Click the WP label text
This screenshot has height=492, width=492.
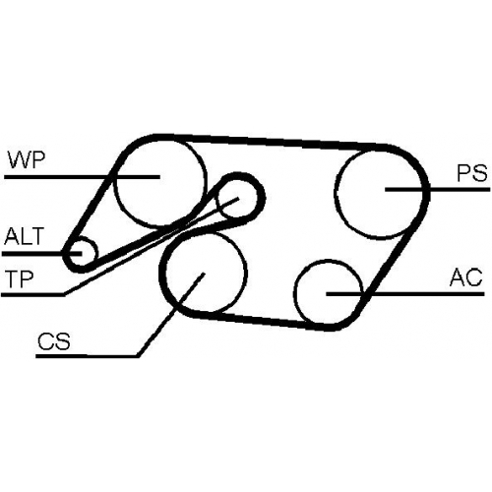click(x=27, y=159)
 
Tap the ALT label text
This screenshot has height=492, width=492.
click(x=24, y=236)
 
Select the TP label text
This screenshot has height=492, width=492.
click(x=20, y=278)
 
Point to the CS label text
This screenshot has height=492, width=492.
click(x=54, y=340)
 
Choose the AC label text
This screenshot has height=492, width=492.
click(x=465, y=277)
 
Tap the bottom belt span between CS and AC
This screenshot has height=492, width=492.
click(x=266, y=321)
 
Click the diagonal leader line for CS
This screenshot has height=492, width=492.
click(x=170, y=315)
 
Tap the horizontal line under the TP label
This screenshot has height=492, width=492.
click(x=32, y=294)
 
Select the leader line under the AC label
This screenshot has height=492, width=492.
click(x=405, y=293)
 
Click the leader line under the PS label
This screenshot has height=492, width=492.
click(x=437, y=189)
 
